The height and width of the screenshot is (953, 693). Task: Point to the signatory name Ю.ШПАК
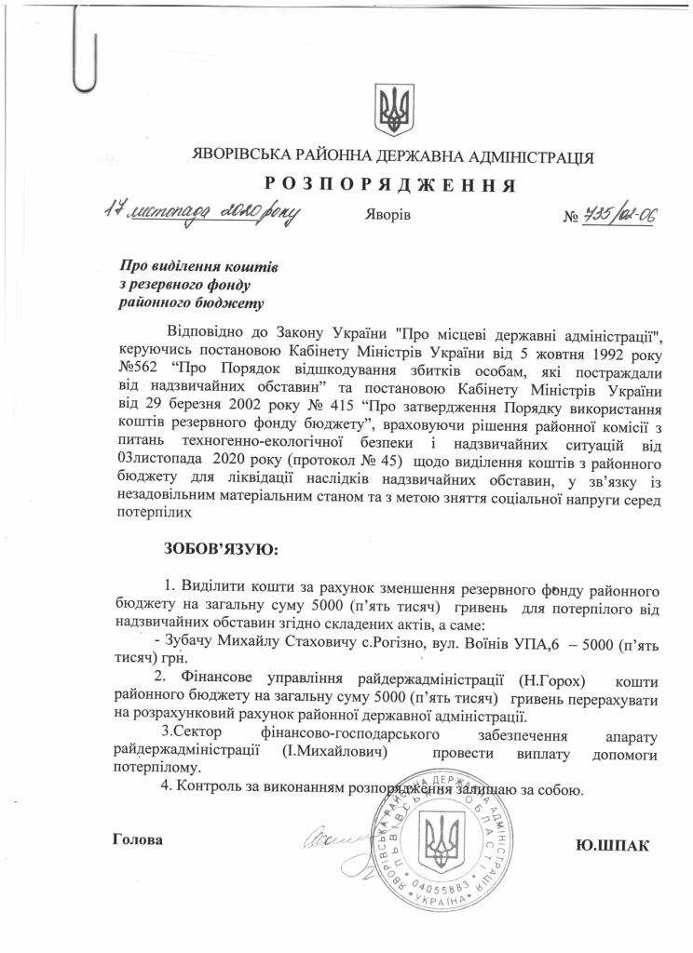[x=612, y=845]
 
